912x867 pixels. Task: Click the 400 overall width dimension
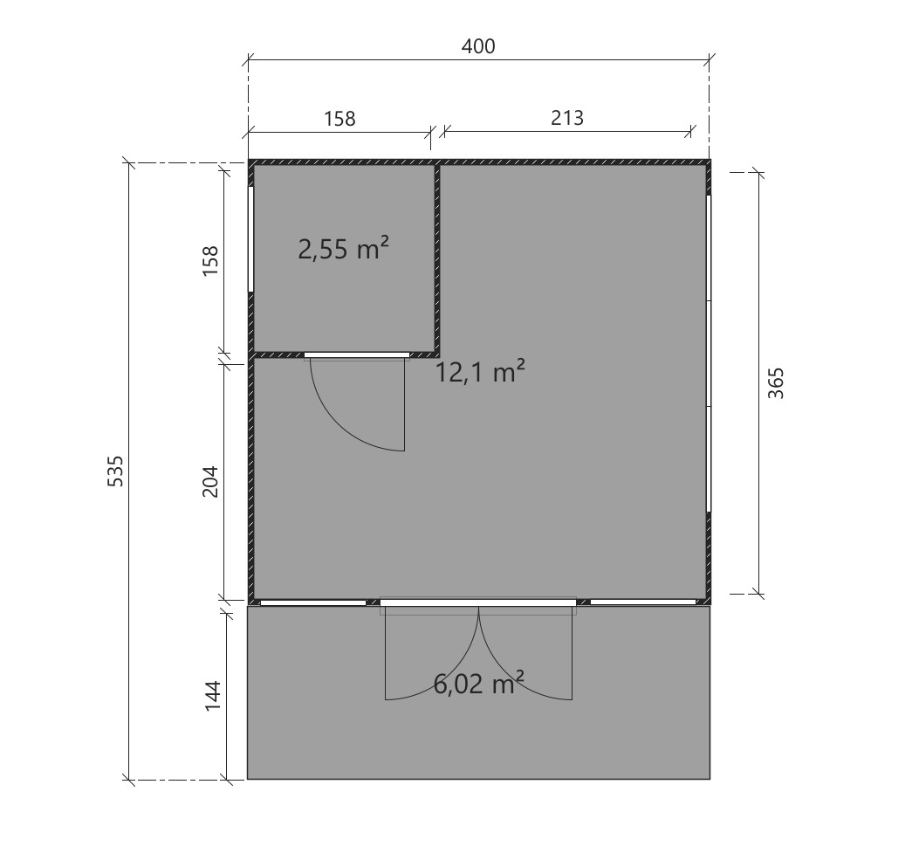(477, 46)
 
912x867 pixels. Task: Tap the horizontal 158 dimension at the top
(339, 118)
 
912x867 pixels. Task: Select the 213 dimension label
(567, 117)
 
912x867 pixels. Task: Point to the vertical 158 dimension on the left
(210, 261)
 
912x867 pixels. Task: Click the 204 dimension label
(210, 480)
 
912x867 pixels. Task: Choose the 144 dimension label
(212, 696)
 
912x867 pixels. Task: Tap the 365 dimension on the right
(776, 383)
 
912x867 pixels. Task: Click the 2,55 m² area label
(343, 251)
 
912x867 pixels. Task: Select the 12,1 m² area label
(480, 373)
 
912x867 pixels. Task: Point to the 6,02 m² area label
(478, 684)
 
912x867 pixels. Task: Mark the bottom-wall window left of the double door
(313, 602)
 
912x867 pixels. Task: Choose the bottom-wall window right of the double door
(643, 602)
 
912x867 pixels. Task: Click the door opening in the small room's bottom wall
(357, 354)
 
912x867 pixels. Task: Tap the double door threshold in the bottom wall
(478, 602)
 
